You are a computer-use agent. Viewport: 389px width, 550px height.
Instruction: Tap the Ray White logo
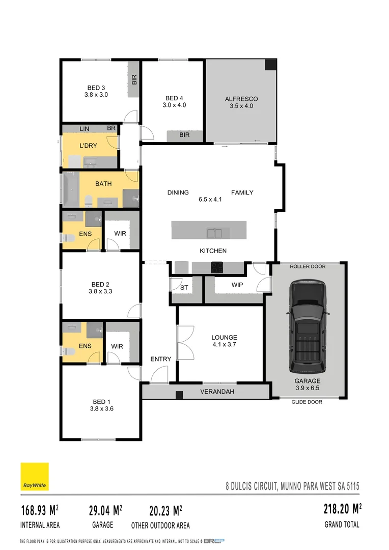pos(35,477)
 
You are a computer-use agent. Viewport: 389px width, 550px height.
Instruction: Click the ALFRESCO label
pos(241,99)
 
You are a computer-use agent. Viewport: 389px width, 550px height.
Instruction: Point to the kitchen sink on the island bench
pos(214,233)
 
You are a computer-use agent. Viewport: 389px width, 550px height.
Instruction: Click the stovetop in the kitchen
pos(217,266)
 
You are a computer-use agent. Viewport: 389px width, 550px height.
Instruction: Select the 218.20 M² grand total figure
pos(343,509)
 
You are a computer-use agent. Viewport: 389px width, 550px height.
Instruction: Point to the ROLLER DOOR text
pos(307,266)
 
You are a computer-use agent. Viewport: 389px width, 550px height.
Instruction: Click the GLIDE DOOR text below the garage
pos(307,402)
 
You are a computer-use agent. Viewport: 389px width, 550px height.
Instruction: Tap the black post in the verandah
pos(179,395)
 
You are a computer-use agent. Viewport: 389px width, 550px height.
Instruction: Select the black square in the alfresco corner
pos(271,65)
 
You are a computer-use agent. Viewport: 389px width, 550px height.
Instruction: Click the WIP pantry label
pos(237,285)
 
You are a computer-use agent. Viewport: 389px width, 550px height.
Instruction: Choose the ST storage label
pos(184,288)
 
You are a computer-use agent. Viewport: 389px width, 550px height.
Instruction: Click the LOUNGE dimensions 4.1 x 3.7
pos(225,344)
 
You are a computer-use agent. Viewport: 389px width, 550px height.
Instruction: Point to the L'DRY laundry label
pos(89,145)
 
